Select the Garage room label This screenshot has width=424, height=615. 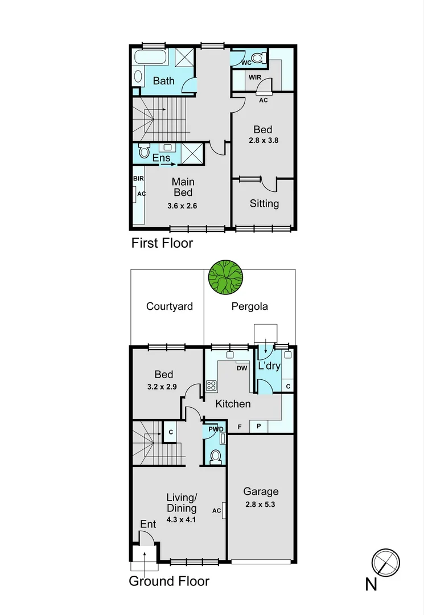point(261,491)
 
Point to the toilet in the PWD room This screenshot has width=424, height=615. point(215,457)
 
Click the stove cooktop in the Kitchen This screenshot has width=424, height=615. point(211,386)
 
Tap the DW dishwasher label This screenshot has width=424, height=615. point(241,368)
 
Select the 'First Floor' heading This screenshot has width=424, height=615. point(162,244)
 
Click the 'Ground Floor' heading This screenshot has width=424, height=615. point(169,581)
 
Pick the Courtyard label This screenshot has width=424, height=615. point(169,306)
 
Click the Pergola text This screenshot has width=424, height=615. point(249,306)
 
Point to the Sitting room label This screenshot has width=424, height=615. point(264,203)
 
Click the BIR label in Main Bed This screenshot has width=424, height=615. point(138,178)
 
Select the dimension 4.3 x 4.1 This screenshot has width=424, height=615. point(182,519)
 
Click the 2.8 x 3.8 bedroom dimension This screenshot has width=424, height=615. point(263,140)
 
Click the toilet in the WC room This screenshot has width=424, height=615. point(258,58)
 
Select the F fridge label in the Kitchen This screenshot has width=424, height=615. point(240,427)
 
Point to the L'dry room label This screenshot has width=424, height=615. point(269,366)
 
